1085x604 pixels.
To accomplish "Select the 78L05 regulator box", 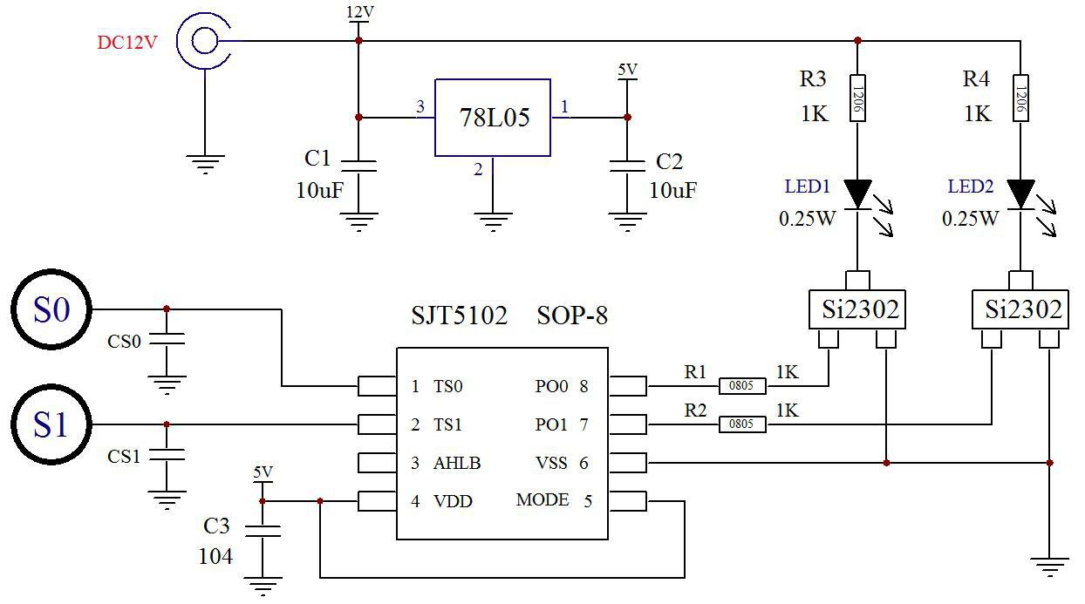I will (x=493, y=118).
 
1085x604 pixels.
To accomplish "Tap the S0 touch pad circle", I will (x=51, y=309).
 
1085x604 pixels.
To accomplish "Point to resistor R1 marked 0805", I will (x=741, y=385).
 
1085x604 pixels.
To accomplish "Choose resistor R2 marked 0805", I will (x=741, y=424).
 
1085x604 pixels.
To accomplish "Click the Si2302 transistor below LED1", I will (x=859, y=309).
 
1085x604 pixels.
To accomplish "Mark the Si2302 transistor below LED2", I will (x=1020, y=309).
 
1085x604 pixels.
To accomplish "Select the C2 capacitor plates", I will (x=627, y=166).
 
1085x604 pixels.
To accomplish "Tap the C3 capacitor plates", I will (x=262, y=532).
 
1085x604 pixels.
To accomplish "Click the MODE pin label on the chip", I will (x=542, y=500).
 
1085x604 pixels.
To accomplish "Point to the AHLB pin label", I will (x=457, y=463).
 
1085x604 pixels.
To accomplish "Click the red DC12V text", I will (x=127, y=42).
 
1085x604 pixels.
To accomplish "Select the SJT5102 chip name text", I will (x=459, y=316).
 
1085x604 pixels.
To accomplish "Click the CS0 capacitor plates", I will (x=166, y=341).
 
